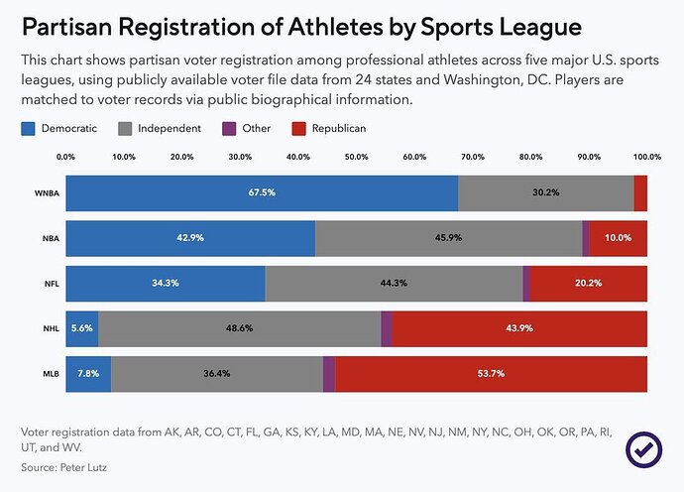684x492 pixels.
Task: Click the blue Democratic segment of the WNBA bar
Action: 262,193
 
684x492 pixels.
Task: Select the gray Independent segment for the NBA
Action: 448,239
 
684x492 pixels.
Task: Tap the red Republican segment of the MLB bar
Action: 491,374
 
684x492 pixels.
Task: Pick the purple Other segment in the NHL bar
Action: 387,328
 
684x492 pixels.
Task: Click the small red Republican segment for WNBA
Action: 640,193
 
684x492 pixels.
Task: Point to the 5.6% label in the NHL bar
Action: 82,328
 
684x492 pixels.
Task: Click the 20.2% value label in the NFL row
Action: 589,284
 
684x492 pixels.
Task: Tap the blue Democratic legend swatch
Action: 28,129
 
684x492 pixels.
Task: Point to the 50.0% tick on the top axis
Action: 356,157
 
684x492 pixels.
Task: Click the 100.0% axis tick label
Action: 647,157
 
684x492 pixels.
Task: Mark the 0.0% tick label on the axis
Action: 65,157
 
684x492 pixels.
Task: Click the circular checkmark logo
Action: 644,448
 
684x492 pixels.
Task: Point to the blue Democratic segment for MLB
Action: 88,374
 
